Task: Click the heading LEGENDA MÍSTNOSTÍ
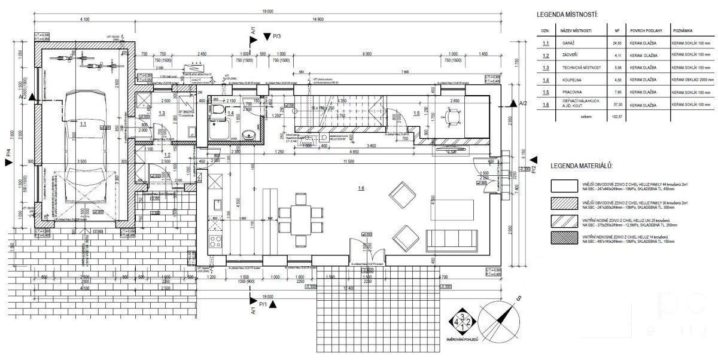tap(567, 14)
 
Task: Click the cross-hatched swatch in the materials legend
tap(564, 239)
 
